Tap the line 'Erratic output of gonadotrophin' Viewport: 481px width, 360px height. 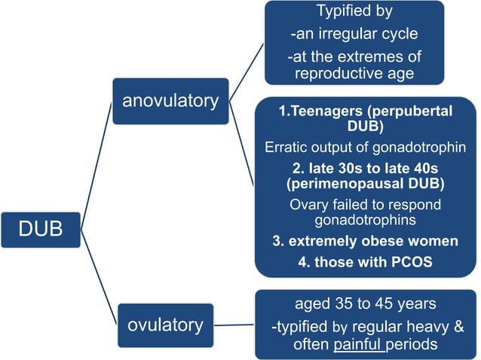pyautogui.click(x=366, y=148)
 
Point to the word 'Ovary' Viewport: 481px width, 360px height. pyautogui.click(x=308, y=204)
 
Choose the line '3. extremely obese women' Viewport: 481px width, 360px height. pyautogui.click(x=366, y=242)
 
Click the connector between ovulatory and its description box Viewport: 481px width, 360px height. pyautogui.click(x=234, y=325)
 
